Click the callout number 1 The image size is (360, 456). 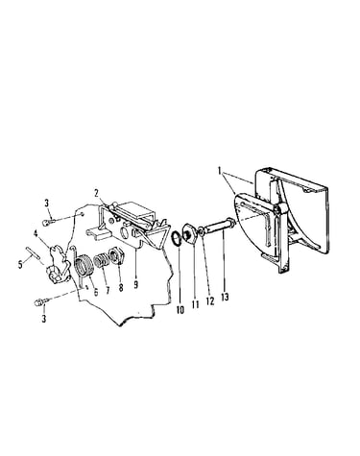pos(220,171)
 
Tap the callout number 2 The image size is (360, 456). pos(96,193)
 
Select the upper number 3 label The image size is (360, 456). pos(47,203)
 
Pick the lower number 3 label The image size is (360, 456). pos(44,319)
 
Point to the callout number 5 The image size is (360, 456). pos(20,265)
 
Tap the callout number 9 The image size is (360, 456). pos(136,284)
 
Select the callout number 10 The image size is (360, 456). pos(180,309)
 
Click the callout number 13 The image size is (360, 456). pos(225,297)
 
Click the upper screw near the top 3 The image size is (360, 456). pos(48,221)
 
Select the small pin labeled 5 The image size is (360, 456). pos(34,252)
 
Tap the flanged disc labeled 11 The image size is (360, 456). pos(188,232)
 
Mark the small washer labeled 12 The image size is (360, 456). pos(201,232)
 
